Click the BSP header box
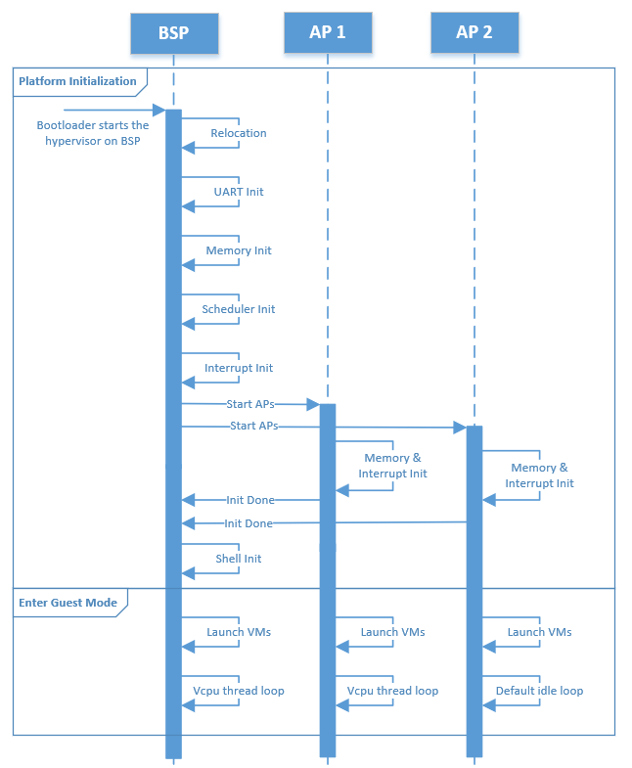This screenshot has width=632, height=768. pos(174,33)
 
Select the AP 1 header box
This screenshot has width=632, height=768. pos(328,32)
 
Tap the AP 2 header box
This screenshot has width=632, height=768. pos(474,32)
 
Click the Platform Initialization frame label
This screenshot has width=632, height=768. pos(77,81)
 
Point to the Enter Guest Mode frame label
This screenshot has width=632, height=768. pos(68,603)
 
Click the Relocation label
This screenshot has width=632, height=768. pos(239,133)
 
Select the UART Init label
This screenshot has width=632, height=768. pos(239,192)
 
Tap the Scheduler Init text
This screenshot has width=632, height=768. pos(239,309)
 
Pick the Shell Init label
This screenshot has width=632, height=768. pos(239,559)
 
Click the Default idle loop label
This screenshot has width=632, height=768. pos(539,691)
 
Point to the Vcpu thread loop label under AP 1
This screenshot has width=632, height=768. pos(392,691)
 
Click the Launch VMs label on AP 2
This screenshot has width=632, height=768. pos(539,632)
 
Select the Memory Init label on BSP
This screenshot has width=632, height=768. pos(239,250)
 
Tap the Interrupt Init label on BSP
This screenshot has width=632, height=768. pos(239,368)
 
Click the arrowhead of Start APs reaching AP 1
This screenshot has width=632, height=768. pos(313,404)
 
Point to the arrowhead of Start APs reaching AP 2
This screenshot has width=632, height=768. pos(460,428)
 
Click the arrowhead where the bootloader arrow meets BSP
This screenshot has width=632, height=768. pos(159,110)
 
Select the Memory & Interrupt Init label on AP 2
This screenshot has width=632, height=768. pos(539,475)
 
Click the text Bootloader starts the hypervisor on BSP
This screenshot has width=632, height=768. pos(93,133)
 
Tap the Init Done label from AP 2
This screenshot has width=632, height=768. pos(248,523)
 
